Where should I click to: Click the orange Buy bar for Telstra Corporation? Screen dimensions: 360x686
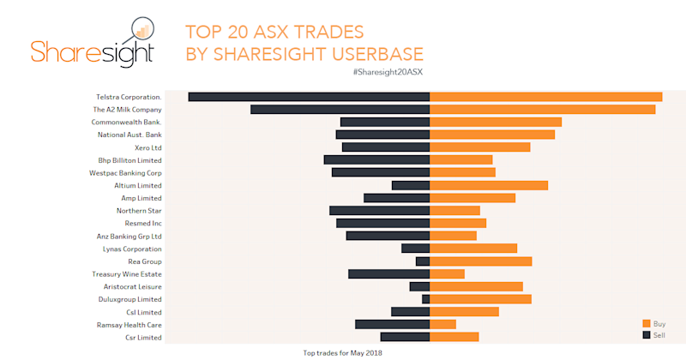(545, 97)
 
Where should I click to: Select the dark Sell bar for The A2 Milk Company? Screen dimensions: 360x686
(340, 110)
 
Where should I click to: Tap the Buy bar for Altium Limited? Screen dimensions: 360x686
(488, 185)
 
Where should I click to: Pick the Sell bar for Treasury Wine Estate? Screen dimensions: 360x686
(388, 274)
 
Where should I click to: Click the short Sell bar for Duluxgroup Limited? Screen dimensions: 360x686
(425, 299)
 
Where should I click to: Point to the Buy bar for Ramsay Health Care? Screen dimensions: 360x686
(442, 325)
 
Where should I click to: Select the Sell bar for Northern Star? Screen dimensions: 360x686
(379, 211)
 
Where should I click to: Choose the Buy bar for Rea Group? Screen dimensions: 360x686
(480, 261)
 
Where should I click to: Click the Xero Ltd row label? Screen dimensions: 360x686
(144, 147)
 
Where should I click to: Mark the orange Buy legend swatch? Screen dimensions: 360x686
(647, 323)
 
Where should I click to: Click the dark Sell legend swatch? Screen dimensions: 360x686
(647, 334)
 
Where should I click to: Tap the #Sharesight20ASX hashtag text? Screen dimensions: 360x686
(388, 72)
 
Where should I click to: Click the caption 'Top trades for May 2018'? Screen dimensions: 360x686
(343, 353)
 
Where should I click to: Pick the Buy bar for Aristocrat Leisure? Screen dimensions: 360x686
(476, 286)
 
